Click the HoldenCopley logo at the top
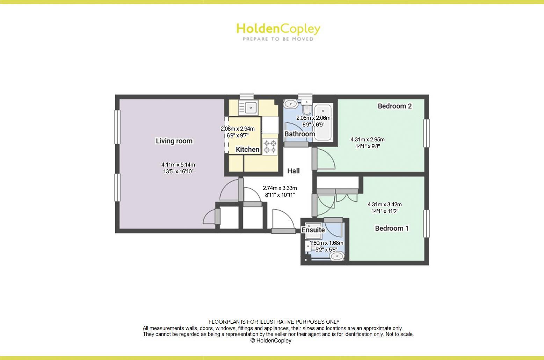(x=278, y=29)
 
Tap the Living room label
(x=174, y=141)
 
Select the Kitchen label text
(x=247, y=149)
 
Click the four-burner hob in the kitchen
(x=270, y=146)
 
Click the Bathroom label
(x=299, y=134)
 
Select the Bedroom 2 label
(x=394, y=106)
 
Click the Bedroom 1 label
(x=392, y=228)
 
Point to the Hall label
(x=293, y=171)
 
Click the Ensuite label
(x=313, y=230)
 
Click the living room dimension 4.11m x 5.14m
(x=178, y=164)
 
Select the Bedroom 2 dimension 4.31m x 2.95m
(x=368, y=140)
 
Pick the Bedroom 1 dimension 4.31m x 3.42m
(x=384, y=205)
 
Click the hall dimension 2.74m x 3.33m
(x=280, y=188)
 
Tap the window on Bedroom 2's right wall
(x=426, y=133)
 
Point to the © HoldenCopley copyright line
(x=271, y=341)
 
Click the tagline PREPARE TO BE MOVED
(x=278, y=39)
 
